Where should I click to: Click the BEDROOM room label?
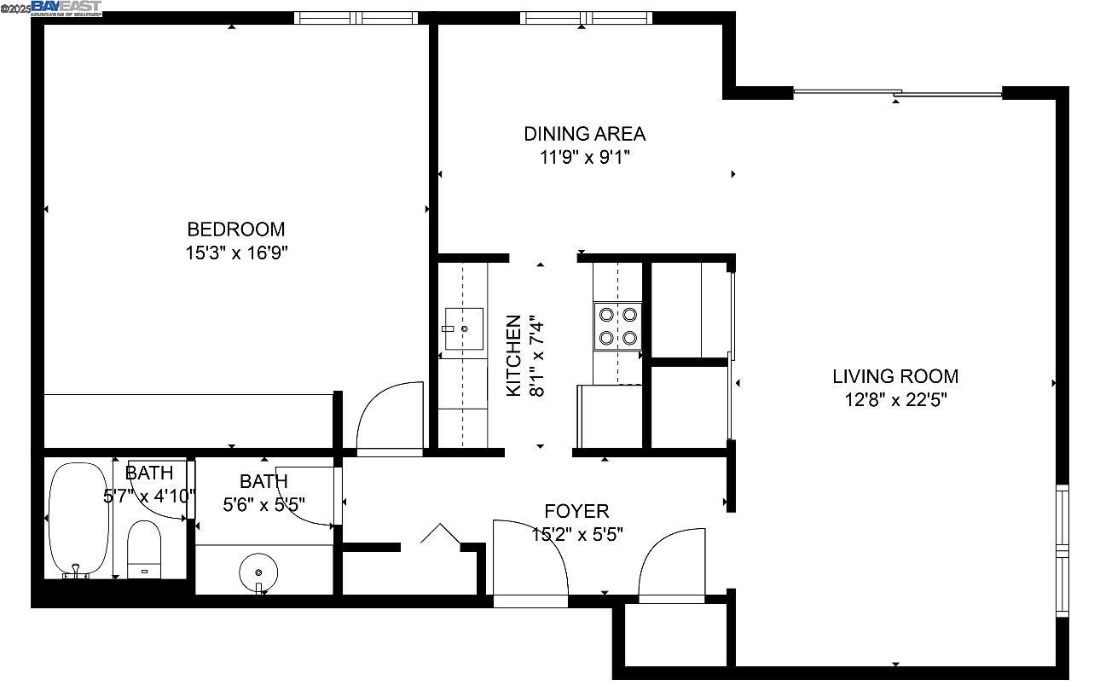tap(236, 229)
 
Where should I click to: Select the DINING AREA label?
tap(584, 134)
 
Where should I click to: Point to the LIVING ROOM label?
tap(895, 376)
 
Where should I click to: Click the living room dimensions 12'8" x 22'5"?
tap(895, 400)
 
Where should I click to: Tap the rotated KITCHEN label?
tap(513, 356)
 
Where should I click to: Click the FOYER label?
tap(576, 511)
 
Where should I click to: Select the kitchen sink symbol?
tap(463, 328)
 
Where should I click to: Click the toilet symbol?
tap(144, 550)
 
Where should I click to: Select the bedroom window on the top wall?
tap(356, 17)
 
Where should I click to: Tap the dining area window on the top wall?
tap(586, 17)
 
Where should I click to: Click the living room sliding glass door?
tap(897, 92)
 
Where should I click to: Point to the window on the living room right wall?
tap(1062, 549)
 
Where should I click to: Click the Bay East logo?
tap(67, 8)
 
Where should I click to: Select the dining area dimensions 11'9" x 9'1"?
tap(584, 158)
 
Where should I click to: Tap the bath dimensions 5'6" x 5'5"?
tap(263, 505)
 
